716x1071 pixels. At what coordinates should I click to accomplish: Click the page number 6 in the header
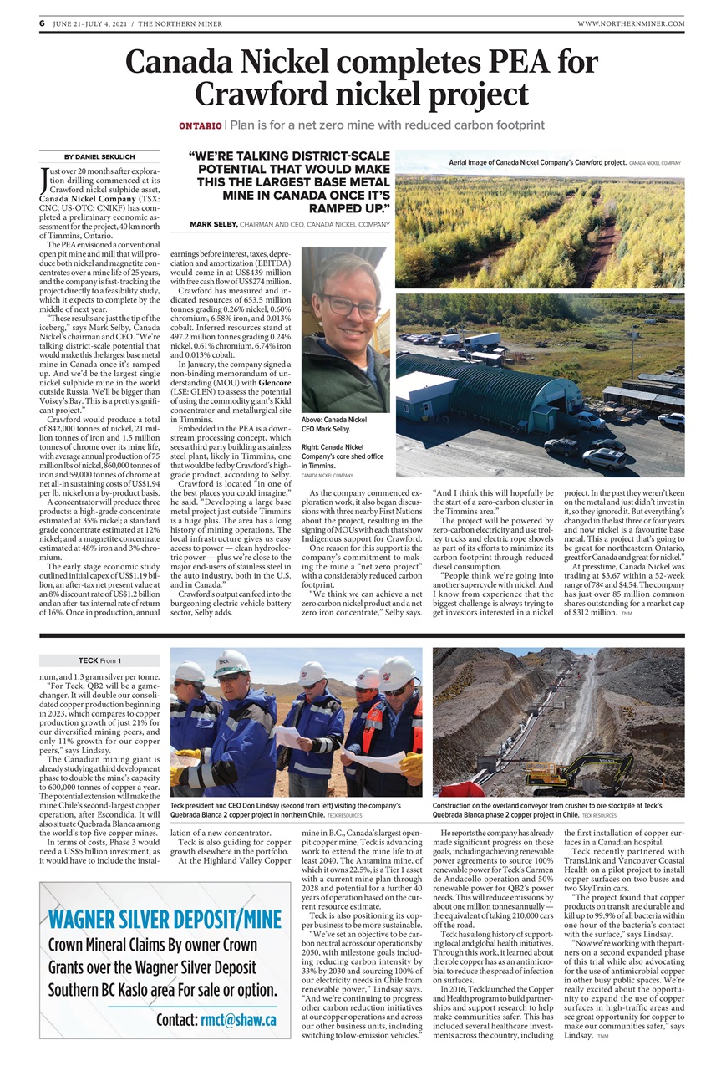coord(42,23)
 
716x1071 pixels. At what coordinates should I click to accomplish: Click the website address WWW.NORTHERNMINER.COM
coord(630,23)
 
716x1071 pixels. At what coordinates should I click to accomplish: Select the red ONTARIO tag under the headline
coord(200,125)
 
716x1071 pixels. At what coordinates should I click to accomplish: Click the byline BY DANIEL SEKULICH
coord(99,157)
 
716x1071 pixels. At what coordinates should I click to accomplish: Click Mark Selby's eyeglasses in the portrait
coord(344,304)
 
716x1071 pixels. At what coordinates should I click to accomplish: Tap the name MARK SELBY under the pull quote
coord(213,225)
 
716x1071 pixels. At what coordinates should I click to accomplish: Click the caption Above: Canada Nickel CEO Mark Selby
coord(334,424)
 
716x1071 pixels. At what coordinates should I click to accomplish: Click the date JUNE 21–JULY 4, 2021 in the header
coord(91,23)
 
